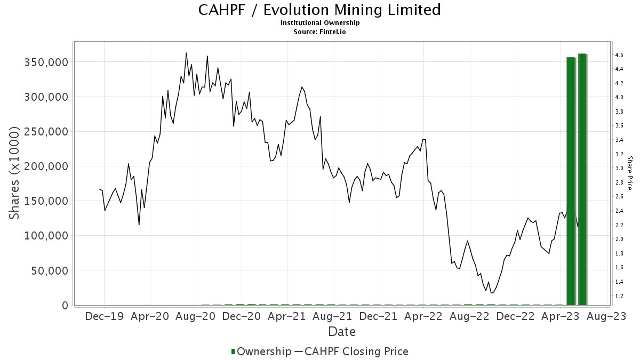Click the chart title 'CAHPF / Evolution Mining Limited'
[x=319, y=10]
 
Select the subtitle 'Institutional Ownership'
[x=319, y=23]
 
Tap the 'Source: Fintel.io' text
[x=319, y=31]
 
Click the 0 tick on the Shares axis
[x=65, y=305]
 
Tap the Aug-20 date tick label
[x=195, y=316]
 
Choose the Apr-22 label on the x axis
[x=423, y=316]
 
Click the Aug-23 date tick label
[x=606, y=316]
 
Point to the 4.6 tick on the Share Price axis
[x=619, y=55]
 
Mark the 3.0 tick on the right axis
[x=619, y=169]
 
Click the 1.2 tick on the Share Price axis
[x=619, y=296]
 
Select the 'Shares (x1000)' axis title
[x=15, y=173]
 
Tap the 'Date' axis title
[x=342, y=332]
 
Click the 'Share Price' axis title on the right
[x=629, y=173]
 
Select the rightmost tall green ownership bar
[x=582, y=179]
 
